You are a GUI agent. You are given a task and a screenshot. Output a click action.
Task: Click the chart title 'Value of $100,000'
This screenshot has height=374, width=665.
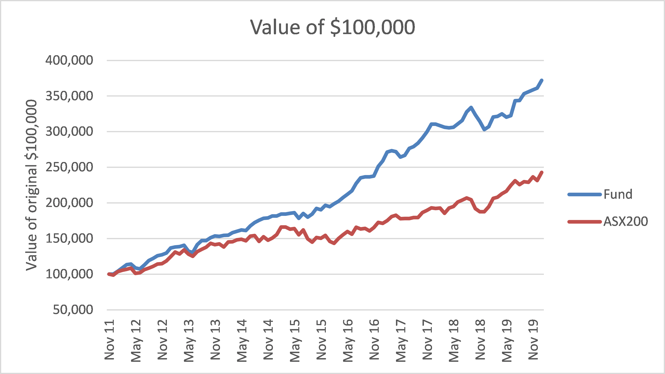click(x=333, y=27)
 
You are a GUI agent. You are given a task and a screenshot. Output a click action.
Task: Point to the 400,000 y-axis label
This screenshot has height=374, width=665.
click(x=69, y=60)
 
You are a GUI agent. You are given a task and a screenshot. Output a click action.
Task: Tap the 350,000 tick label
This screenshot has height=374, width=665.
click(x=69, y=96)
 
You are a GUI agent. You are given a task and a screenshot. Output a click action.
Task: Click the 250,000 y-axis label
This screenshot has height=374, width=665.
click(x=69, y=167)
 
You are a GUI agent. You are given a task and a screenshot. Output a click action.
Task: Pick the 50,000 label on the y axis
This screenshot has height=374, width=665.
click(x=73, y=310)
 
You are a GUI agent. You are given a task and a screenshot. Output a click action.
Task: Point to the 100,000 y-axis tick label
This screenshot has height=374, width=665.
click(x=69, y=274)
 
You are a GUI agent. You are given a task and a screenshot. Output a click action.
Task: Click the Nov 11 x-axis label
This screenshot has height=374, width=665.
click(x=109, y=340)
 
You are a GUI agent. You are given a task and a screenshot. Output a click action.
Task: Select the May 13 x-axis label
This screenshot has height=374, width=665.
click(x=189, y=341)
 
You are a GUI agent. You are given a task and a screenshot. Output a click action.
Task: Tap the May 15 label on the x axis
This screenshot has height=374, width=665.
click(x=295, y=341)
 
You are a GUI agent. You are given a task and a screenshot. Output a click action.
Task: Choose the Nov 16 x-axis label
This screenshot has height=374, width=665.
click(x=374, y=340)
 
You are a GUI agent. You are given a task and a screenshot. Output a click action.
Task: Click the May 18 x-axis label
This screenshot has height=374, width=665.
click(x=454, y=341)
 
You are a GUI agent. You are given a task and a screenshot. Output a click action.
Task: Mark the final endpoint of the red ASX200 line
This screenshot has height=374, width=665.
click(x=542, y=172)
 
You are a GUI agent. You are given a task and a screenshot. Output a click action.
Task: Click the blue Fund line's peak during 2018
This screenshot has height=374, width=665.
click(x=471, y=107)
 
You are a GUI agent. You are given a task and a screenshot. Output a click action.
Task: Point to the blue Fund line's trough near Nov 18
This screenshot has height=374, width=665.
click(x=484, y=130)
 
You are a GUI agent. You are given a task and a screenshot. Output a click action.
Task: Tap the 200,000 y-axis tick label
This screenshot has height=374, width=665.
click(x=69, y=203)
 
